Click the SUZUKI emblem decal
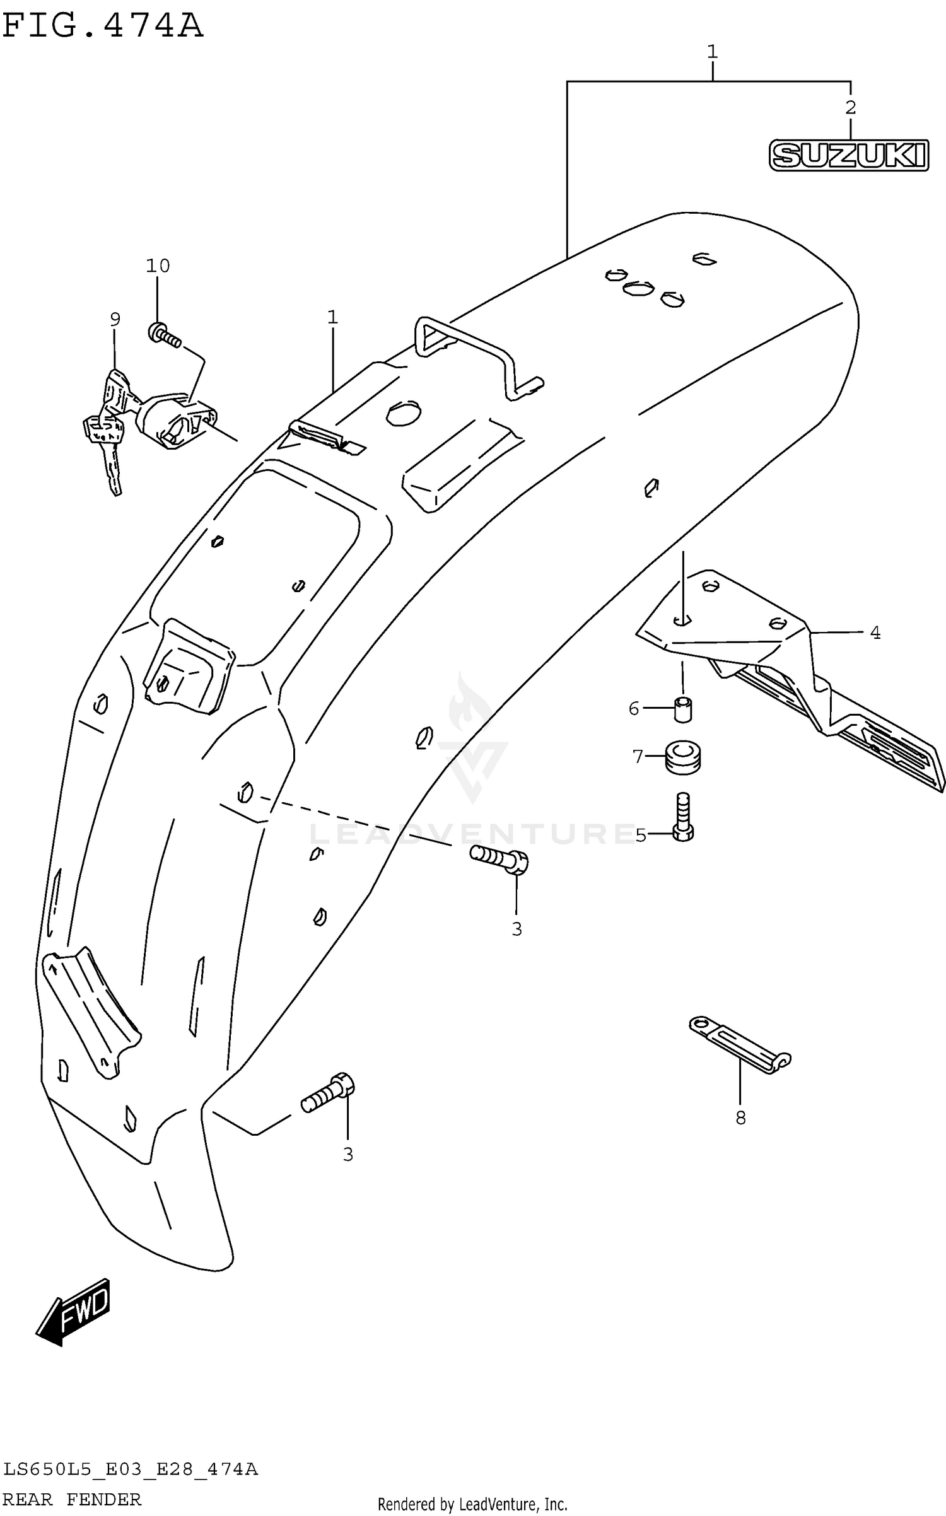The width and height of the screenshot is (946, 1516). click(848, 155)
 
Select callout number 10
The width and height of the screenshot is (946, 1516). click(158, 266)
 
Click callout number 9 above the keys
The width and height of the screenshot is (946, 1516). click(115, 320)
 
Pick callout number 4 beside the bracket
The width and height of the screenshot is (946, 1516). click(875, 632)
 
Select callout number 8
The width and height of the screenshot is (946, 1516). click(740, 1118)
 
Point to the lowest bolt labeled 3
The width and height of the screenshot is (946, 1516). click(328, 1093)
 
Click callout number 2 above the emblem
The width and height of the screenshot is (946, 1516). click(850, 108)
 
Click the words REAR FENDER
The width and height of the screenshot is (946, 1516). click(72, 1499)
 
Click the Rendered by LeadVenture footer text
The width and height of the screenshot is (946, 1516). click(472, 1504)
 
